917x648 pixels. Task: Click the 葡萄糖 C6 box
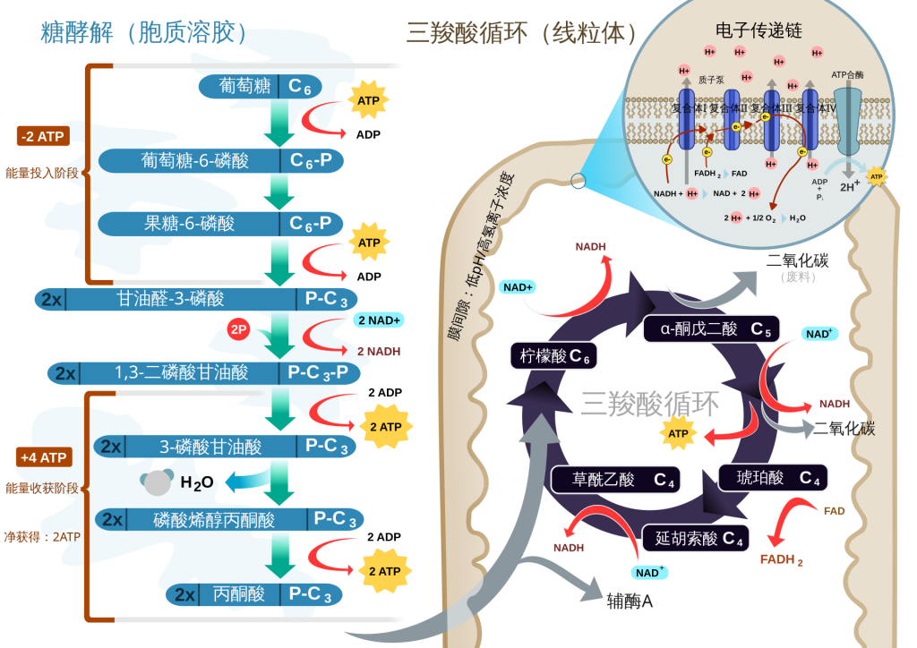260,86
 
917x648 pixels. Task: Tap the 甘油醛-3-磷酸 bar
197,299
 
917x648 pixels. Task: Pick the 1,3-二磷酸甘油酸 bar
205,372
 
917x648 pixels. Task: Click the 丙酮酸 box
254,594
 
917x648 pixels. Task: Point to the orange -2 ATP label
43,136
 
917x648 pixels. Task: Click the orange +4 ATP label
43,457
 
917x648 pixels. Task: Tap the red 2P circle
238,329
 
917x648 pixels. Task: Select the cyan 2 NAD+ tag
379,320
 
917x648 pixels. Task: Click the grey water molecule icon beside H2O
157,483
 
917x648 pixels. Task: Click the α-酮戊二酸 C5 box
711,328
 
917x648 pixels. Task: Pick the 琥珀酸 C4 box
772,478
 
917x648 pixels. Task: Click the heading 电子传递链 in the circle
758,30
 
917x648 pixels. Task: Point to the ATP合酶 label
846,75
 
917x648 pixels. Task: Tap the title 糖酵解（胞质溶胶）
143,32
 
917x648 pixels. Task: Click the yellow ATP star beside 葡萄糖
368,101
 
